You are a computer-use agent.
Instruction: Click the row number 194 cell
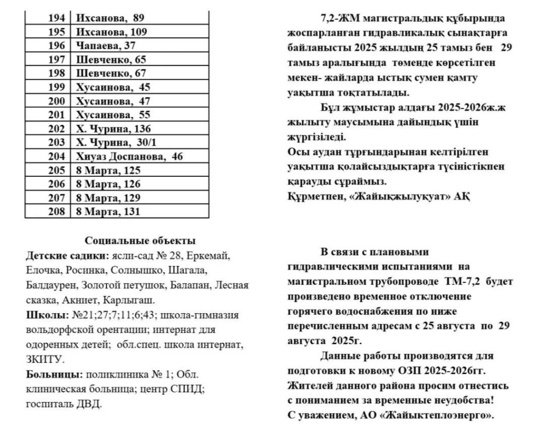pos(56,18)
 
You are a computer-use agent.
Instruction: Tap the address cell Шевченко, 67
pos(111,73)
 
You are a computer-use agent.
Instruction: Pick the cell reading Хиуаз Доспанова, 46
pos(130,156)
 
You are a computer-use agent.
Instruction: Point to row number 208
pos(56,211)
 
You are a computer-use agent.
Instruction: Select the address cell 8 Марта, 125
pos(108,170)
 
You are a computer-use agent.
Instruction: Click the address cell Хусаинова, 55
pos(114,115)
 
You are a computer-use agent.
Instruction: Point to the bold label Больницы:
pos(52,374)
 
